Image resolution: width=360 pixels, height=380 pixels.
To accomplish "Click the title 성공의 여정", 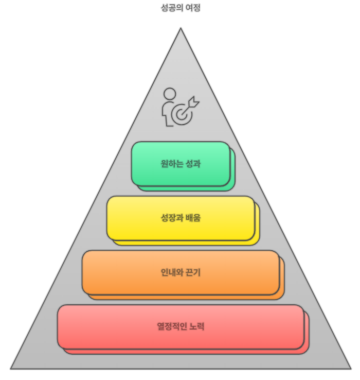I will click(x=181, y=8).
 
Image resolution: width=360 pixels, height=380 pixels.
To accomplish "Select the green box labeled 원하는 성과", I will click(x=181, y=164).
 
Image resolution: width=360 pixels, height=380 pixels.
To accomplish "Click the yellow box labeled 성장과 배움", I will click(x=181, y=218).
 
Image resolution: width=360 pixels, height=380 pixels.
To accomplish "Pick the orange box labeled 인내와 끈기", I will click(x=181, y=272).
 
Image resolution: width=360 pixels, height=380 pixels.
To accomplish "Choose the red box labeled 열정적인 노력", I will click(x=181, y=326).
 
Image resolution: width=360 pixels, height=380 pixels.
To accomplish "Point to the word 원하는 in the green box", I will click(x=171, y=164).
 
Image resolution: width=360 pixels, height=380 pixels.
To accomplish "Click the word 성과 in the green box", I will click(x=192, y=164).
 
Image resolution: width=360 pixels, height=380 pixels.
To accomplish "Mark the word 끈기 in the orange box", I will click(x=193, y=272).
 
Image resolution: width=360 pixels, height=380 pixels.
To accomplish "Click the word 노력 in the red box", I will click(x=196, y=326).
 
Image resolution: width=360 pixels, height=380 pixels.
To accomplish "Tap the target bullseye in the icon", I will click(x=181, y=114).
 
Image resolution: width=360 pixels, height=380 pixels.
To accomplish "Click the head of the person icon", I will click(x=170, y=94).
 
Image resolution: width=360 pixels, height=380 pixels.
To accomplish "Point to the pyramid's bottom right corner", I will click(x=351, y=369).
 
